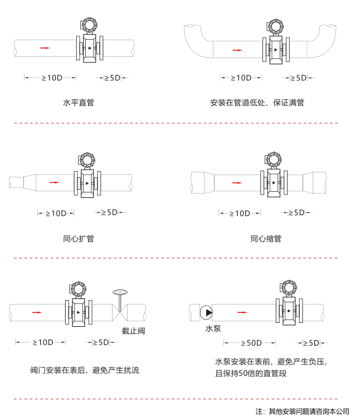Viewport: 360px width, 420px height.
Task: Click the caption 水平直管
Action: [x=78, y=103]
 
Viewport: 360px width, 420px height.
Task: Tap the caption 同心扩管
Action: [x=78, y=239]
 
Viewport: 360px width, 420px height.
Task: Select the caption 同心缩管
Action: [x=266, y=239]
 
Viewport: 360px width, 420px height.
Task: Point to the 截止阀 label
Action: [x=133, y=331]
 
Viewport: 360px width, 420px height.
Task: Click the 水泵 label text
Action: [x=213, y=329]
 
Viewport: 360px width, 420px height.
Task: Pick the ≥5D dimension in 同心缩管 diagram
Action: [x=296, y=213]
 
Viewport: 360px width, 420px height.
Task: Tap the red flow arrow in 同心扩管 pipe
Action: [x=53, y=182]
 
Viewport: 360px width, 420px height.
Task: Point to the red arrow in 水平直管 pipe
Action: [x=45, y=48]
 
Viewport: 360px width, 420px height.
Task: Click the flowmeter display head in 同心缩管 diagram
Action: [x=274, y=160]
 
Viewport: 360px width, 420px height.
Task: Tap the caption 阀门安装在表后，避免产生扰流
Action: [x=85, y=370]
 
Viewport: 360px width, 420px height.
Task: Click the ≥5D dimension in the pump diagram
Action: [x=310, y=342]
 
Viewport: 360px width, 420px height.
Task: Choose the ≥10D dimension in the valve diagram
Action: [x=42, y=342]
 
